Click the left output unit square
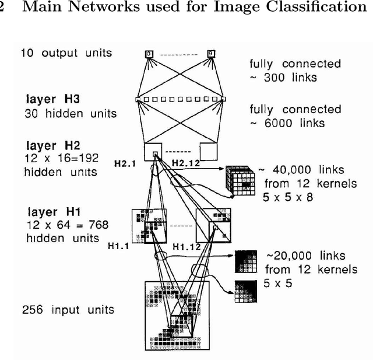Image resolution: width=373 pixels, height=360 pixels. (x=149, y=54)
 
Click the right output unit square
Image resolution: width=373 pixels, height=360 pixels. (x=211, y=54)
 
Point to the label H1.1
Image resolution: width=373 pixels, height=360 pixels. (x=118, y=247)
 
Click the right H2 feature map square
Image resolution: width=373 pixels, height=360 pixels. (x=208, y=149)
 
